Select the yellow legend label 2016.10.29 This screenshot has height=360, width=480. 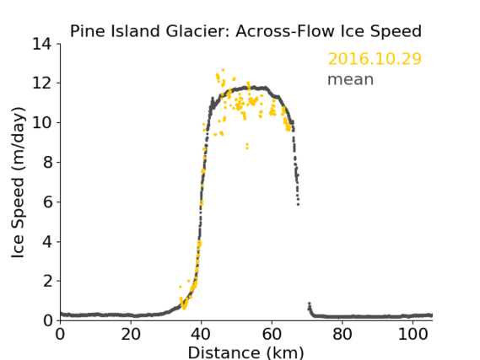(x=375, y=59)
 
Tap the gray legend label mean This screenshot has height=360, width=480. (x=351, y=79)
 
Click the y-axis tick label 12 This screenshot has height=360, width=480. (x=42, y=83)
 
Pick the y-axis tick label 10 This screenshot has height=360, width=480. (x=42, y=122)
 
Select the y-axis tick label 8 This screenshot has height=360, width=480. (x=47, y=162)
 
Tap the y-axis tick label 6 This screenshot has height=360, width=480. (x=47, y=201)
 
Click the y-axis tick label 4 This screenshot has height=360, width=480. (x=47, y=242)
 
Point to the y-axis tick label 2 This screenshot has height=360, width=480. (x=47, y=281)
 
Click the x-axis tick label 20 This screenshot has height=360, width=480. (x=131, y=335)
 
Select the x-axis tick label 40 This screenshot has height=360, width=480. (x=201, y=335)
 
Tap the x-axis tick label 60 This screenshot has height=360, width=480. (x=272, y=335)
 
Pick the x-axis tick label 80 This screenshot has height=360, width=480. (x=342, y=335)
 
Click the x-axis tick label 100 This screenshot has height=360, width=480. (x=413, y=335)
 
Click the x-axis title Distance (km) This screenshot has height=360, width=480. (x=245, y=353)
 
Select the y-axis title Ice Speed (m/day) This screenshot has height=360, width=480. (x=18, y=183)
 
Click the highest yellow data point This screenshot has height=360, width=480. (x=223, y=70)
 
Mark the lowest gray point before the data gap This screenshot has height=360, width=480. (x=298, y=204)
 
